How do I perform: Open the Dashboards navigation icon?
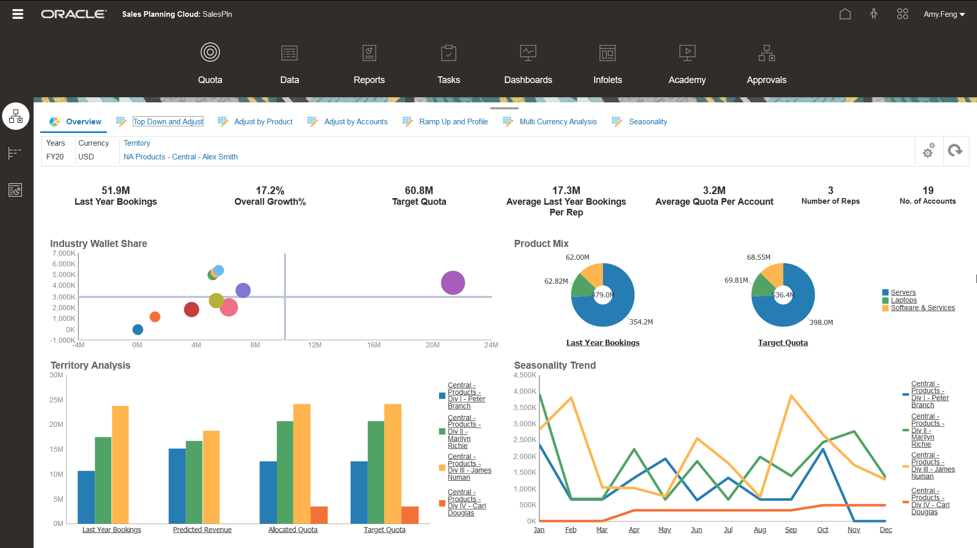point(528,53)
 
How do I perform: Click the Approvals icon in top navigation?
point(766,53)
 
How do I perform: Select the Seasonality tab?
point(647,122)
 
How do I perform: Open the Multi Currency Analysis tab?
point(558,122)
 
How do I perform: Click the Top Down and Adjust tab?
point(168,122)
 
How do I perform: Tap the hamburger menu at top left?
point(18,14)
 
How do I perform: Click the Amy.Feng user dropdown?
point(944,14)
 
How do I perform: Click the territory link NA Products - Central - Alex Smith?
point(180,157)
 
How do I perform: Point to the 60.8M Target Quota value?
point(419,190)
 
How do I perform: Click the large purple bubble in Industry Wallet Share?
point(452,283)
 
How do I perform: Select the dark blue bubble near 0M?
point(137,330)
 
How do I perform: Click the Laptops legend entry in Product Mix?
point(903,300)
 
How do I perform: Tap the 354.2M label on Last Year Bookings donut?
point(641,322)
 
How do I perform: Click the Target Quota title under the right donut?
point(783,343)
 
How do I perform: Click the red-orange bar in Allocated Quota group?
point(319,514)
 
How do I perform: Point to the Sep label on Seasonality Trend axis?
point(790,530)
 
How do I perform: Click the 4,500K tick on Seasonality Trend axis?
point(525,375)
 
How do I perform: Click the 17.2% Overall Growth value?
point(270,190)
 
